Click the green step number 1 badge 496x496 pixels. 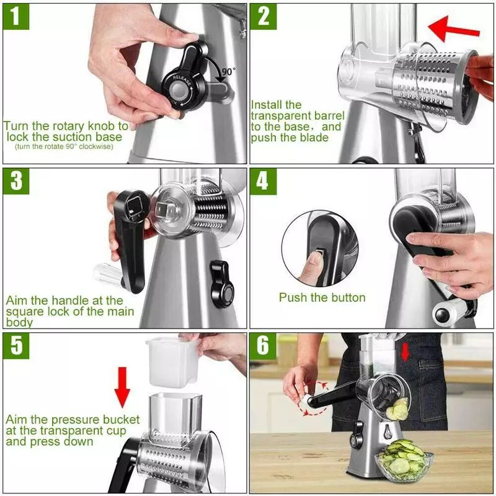pos(17,17)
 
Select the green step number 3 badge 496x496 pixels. pos(17,182)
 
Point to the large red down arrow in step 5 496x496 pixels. pos(123,388)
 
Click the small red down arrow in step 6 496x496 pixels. pos(405,352)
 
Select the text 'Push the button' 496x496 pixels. pos(322,298)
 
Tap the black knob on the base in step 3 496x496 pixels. pos(221,283)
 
